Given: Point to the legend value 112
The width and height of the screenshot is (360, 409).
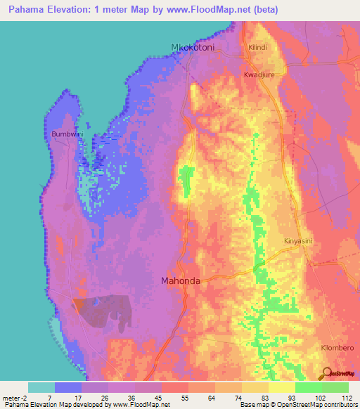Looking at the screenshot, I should coord(345,396).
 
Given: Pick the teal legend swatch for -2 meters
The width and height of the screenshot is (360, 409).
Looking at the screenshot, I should coord(41,387).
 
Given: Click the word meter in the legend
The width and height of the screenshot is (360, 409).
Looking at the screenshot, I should coord(11,396).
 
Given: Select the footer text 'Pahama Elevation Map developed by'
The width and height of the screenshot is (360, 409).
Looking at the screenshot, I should coord(56,404).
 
